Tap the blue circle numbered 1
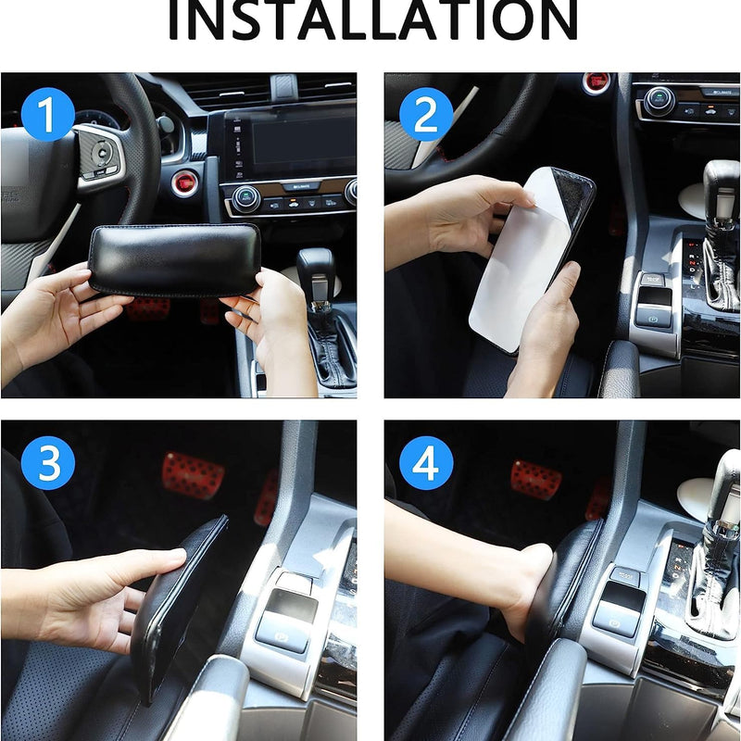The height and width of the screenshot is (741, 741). (47, 116)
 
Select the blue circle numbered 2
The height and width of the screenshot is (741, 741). (425, 116)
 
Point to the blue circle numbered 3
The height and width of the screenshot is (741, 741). (47, 464)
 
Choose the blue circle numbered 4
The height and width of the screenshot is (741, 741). (425, 464)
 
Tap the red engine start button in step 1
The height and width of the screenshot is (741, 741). (184, 182)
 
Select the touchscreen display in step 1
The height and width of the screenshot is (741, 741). (289, 144)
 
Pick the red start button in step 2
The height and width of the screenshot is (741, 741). (597, 82)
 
